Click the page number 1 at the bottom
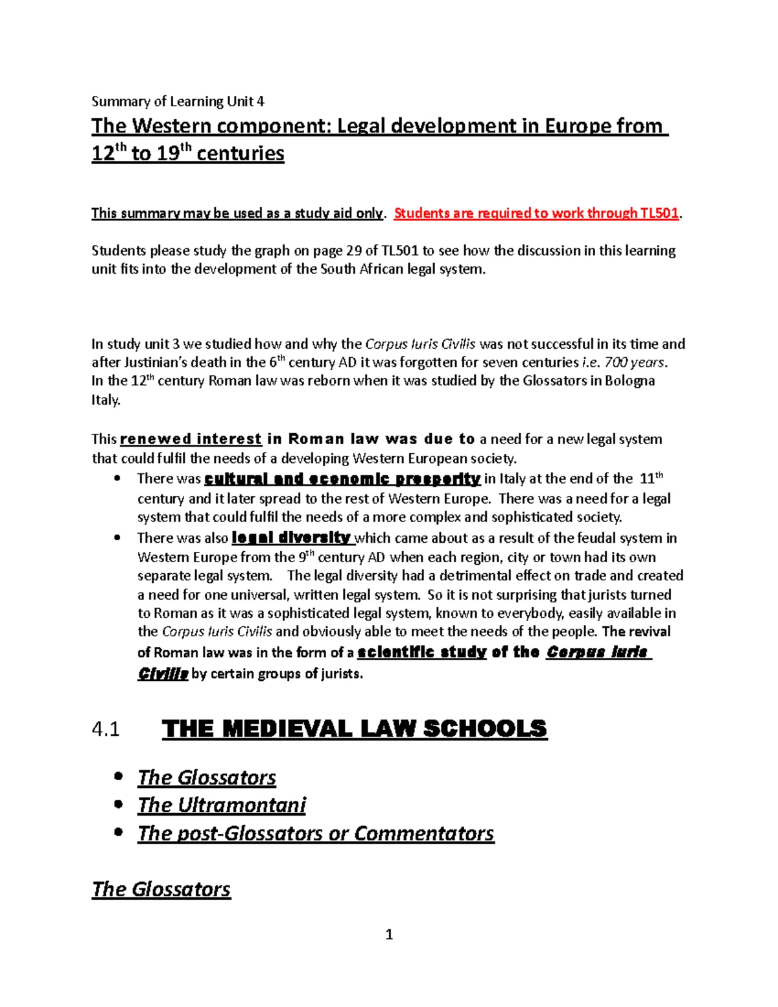click(x=389, y=934)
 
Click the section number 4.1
click(x=106, y=729)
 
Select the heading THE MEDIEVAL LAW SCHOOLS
click(x=354, y=729)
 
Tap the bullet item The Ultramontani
click(x=221, y=805)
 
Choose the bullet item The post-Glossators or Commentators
click(x=316, y=833)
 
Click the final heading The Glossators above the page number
click(x=161, y=889)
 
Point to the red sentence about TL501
click(x=537, y=213)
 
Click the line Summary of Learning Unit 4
click(x=178, y=101)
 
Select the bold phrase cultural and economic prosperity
click(x=342, y=479)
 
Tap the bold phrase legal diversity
click(x=291, y=538)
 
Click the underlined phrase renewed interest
click(x=191, y=439)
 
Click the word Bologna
click(x=630, y=381)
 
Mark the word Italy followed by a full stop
click(x=106, y=400)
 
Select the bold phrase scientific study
click(x=421, y=652)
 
